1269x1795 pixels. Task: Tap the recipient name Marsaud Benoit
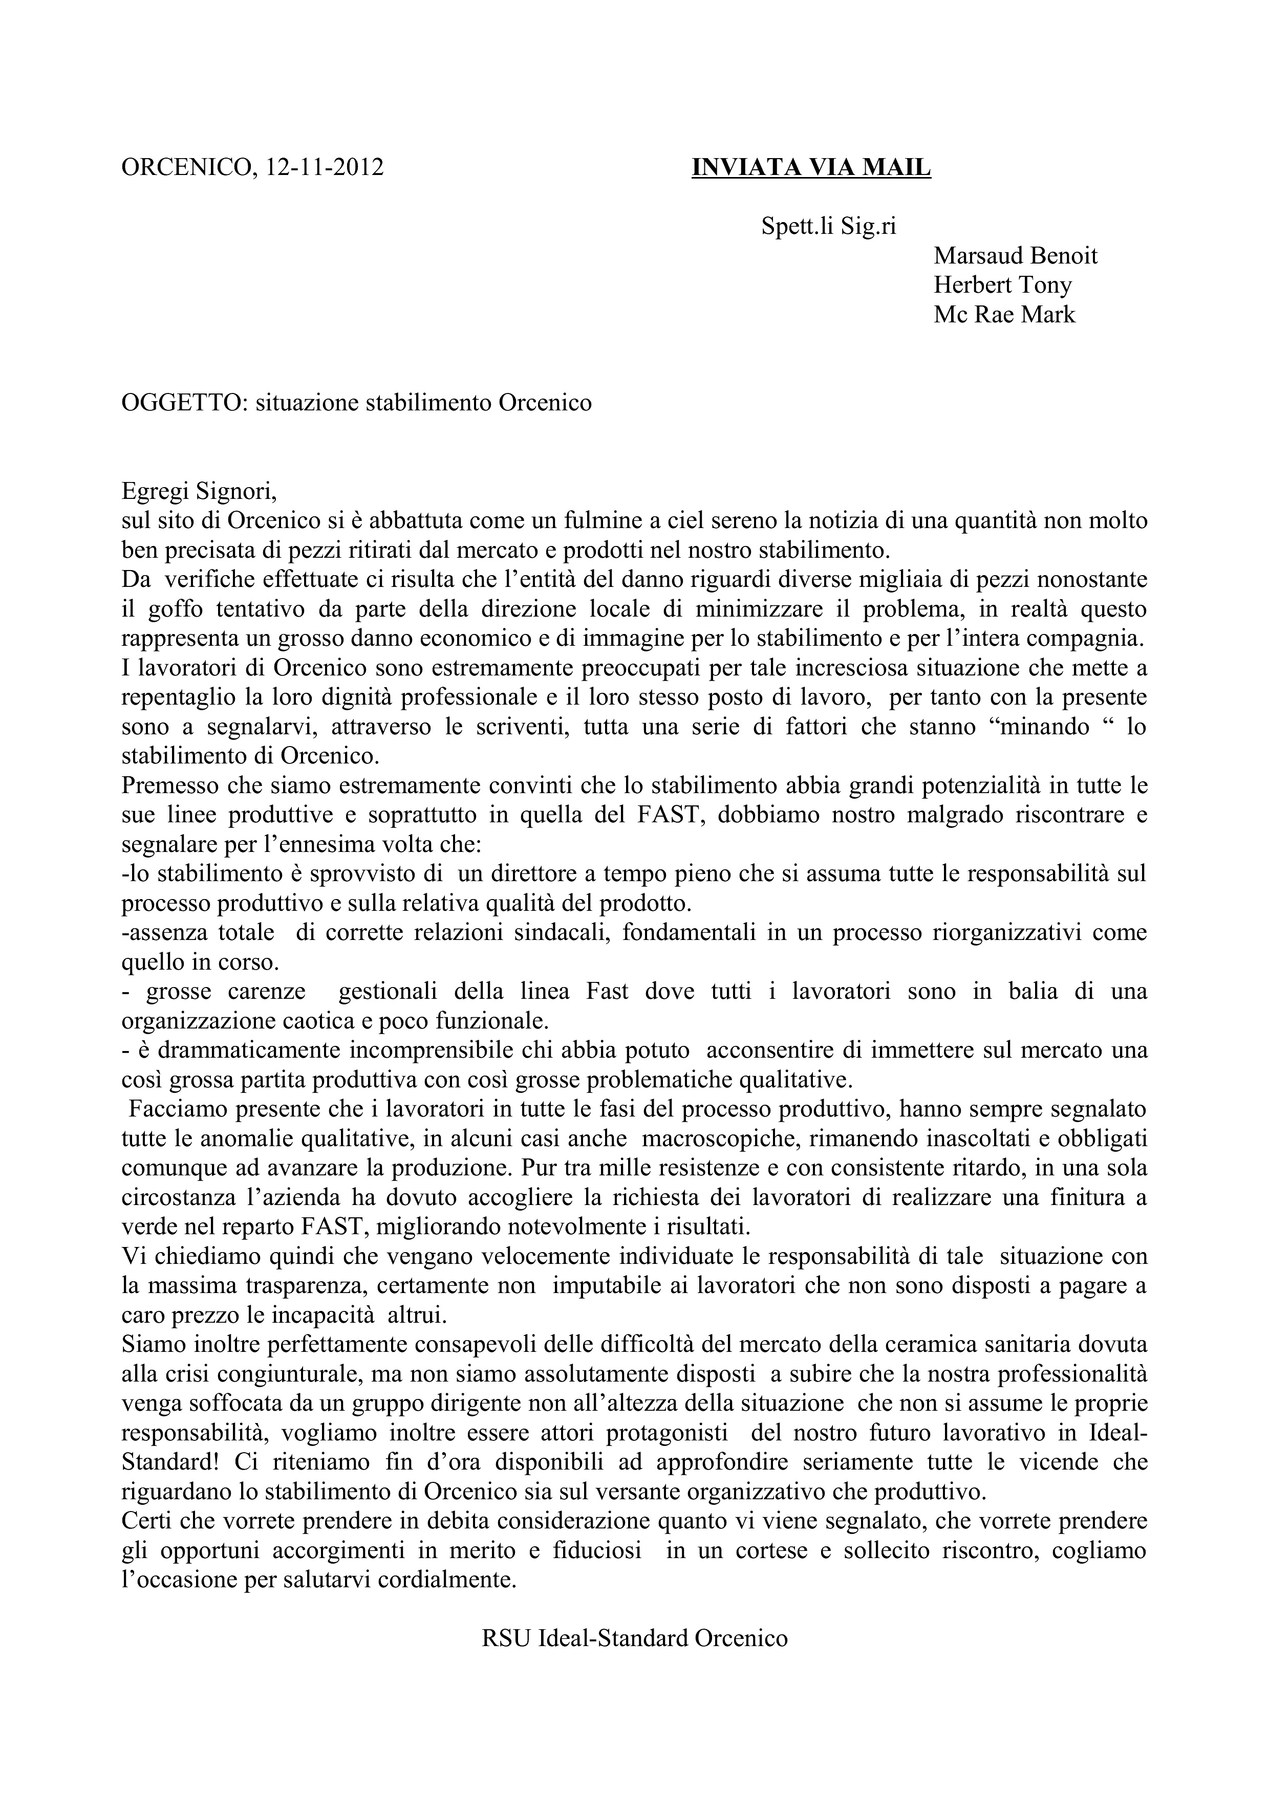(x=1015, y=256)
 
